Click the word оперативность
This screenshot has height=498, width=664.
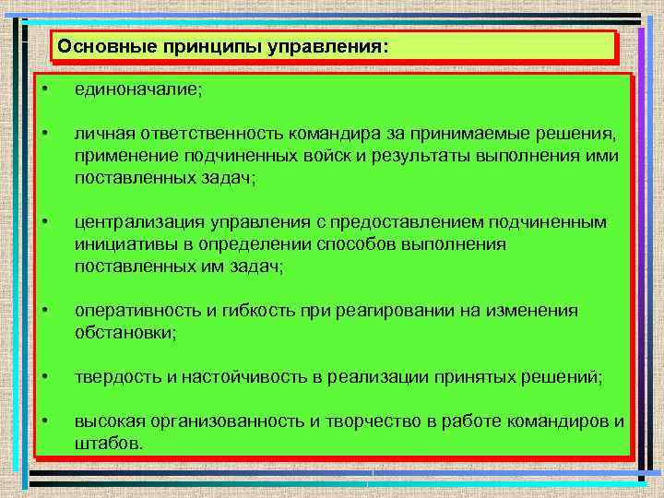pyautogui.click(x=138, y=311)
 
